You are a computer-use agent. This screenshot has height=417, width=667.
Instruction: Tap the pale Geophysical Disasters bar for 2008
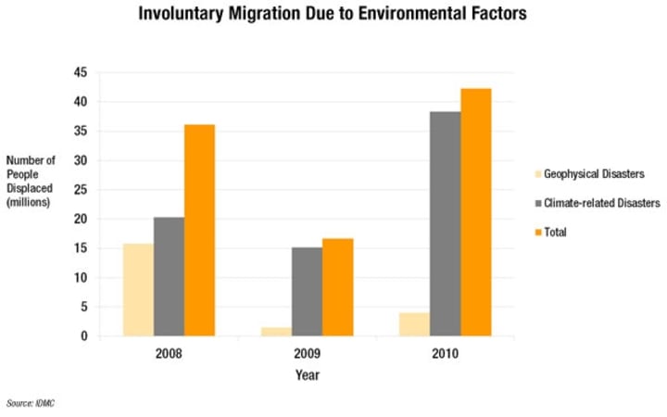tap(138, 289)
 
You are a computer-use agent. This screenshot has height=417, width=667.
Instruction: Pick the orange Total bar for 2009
tap(337, 287)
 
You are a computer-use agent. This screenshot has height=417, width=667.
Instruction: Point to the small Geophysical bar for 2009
tap(276, 331)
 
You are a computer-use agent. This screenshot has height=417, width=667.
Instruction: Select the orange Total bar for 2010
tap(475, 212)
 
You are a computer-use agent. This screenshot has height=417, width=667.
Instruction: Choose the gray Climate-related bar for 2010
tap(445, 223)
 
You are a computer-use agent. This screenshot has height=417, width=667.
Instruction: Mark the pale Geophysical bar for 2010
tap(414, 324)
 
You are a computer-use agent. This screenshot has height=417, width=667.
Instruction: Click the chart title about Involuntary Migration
tap(333, 15)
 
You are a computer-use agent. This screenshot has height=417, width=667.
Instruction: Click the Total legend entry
tap(556, 233)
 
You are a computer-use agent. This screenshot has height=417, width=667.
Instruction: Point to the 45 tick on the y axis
tap(81, 72)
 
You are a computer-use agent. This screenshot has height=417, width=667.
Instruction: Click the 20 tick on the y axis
tap(81, 219)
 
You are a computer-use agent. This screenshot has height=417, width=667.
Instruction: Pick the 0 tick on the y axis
tap(83, 336)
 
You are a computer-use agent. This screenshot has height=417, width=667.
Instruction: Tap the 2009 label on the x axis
tap(307, 355)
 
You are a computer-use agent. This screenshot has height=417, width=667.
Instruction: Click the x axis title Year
tap(307, 375)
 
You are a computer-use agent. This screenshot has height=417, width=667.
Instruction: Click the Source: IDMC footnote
tap(31, 403)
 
